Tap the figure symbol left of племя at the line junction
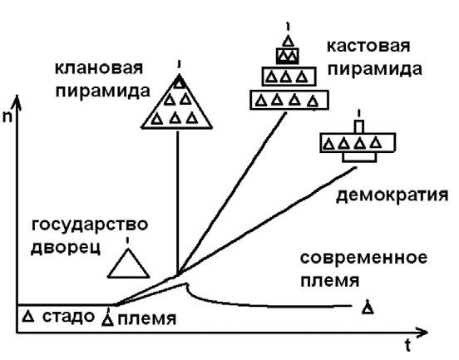pyautogui.click(x=107, y=316)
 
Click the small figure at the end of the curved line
pyautogui.click(x=368, y=308)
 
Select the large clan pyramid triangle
pyautogui.click(x=178, y=105)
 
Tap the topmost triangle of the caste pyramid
pyautogui.click(x=288, y=40)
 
